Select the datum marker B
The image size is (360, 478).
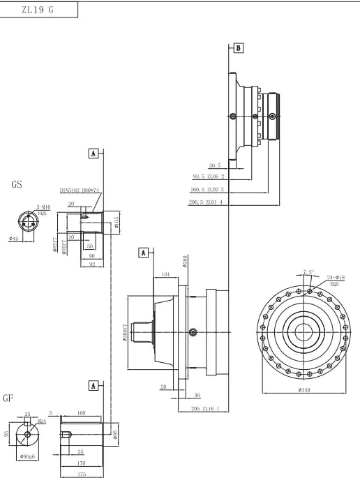click(239, 48)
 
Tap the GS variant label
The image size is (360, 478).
click(17, 186)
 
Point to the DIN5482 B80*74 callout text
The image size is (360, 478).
click(81, 190)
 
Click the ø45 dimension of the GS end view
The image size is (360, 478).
click(13, 239)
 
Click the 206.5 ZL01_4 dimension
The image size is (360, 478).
click(208, 202)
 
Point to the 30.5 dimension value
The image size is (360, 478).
click(216, 165)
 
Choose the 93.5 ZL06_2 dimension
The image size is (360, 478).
click(208, 177)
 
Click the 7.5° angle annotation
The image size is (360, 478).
click(308, 271)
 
